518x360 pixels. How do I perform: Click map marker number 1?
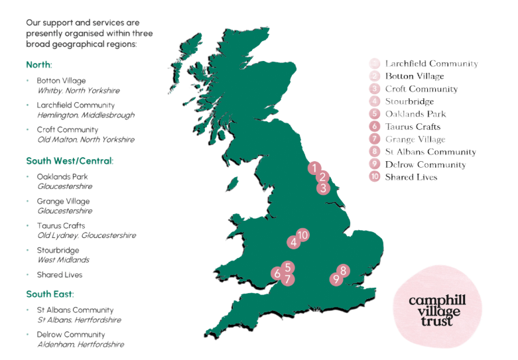coord(314,167)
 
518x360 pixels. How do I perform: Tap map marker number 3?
coord(322,188)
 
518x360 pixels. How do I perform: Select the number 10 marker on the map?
coord(302,235)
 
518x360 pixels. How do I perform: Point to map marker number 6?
coord(277,273)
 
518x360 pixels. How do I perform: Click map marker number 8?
coord(343,270)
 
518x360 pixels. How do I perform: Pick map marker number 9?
coord(336,280)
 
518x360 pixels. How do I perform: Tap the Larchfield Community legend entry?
coord(431,64)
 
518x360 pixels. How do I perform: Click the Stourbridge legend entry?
coord(409,101)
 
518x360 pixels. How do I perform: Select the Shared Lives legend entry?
coord(411,177)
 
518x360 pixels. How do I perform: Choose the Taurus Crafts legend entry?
coord(412,127)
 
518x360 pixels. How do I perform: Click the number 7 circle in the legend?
coord(375,139)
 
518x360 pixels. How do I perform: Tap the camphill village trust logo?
coord(437,310)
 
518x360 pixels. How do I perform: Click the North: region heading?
coord(39,66)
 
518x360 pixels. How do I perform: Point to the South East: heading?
coord(50,294)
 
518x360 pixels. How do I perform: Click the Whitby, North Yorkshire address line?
coord(79,90)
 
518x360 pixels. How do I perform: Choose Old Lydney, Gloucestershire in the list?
coord(87,235)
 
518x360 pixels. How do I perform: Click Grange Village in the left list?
coord(64,201)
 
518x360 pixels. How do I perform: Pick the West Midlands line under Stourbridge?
coord(64,260)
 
